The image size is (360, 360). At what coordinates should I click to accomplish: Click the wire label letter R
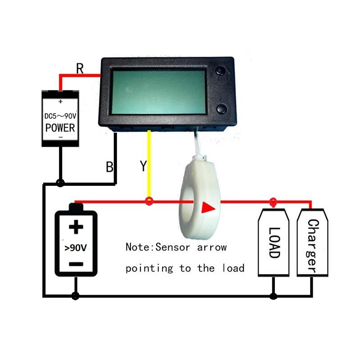[x=80, y=68]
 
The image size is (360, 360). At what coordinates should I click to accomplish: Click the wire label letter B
[x=109, y=166]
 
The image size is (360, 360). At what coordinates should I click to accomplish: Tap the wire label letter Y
[x=143, y=166]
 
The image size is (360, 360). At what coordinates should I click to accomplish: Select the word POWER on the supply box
[x=60, y=128]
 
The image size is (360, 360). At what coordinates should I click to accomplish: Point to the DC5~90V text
[x=60, y=116]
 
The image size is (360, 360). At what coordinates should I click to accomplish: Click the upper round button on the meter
[x=221, y=71]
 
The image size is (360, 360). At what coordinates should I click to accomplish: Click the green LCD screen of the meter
[x=158, y=92]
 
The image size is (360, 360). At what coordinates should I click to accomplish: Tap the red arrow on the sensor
[x=208, y=208]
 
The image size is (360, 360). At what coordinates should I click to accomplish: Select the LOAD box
[x=274, y=242]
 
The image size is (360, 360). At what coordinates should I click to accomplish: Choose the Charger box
[x=312, y=242]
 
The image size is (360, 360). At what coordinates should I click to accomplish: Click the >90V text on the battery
[x=76, y=248]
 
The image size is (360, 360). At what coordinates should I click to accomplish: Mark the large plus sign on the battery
[x=76, y=227]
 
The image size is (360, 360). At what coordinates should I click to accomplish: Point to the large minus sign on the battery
[x=76, y=264]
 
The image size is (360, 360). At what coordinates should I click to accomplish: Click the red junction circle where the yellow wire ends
[x=149, y=201]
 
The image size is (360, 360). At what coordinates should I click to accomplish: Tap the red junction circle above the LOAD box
[x=273, y=202]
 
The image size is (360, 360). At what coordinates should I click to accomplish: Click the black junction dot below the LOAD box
[x=273, y=296]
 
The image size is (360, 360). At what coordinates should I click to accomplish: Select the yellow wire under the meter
[x=149, y=164]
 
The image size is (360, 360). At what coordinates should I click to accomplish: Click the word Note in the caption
[x=137, y=247]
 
